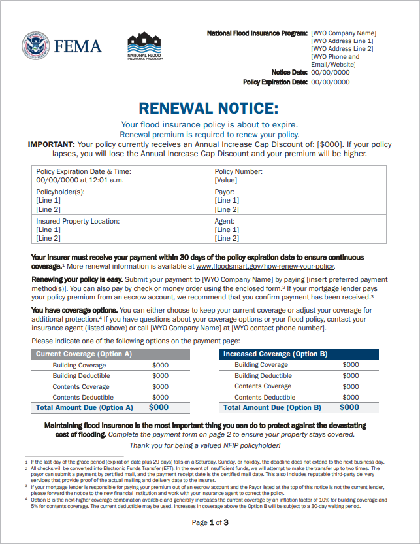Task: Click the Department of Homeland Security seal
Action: tap(35, 46)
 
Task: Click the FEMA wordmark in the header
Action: tap(78, 46)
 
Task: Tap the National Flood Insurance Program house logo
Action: tap(145, 47)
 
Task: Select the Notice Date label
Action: tap(289, 73)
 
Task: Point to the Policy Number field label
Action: tap(238, 171)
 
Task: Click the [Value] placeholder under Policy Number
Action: tap(226, 180)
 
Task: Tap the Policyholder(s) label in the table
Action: tap(60, 192)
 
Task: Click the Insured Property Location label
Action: tap(78, 222)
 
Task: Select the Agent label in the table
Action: tap(225, 222)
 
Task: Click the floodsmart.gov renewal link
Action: tap(265, 267)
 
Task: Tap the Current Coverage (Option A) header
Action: tap(84, 354)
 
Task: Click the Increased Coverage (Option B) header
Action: tap(276, 354)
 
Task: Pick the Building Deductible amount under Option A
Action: tap(160, 376)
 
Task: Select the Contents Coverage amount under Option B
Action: tap(351, 386)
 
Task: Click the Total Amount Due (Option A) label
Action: tap(84, 407)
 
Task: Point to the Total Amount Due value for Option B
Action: tap(349, 407)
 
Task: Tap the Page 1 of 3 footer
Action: tap(210, 522)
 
